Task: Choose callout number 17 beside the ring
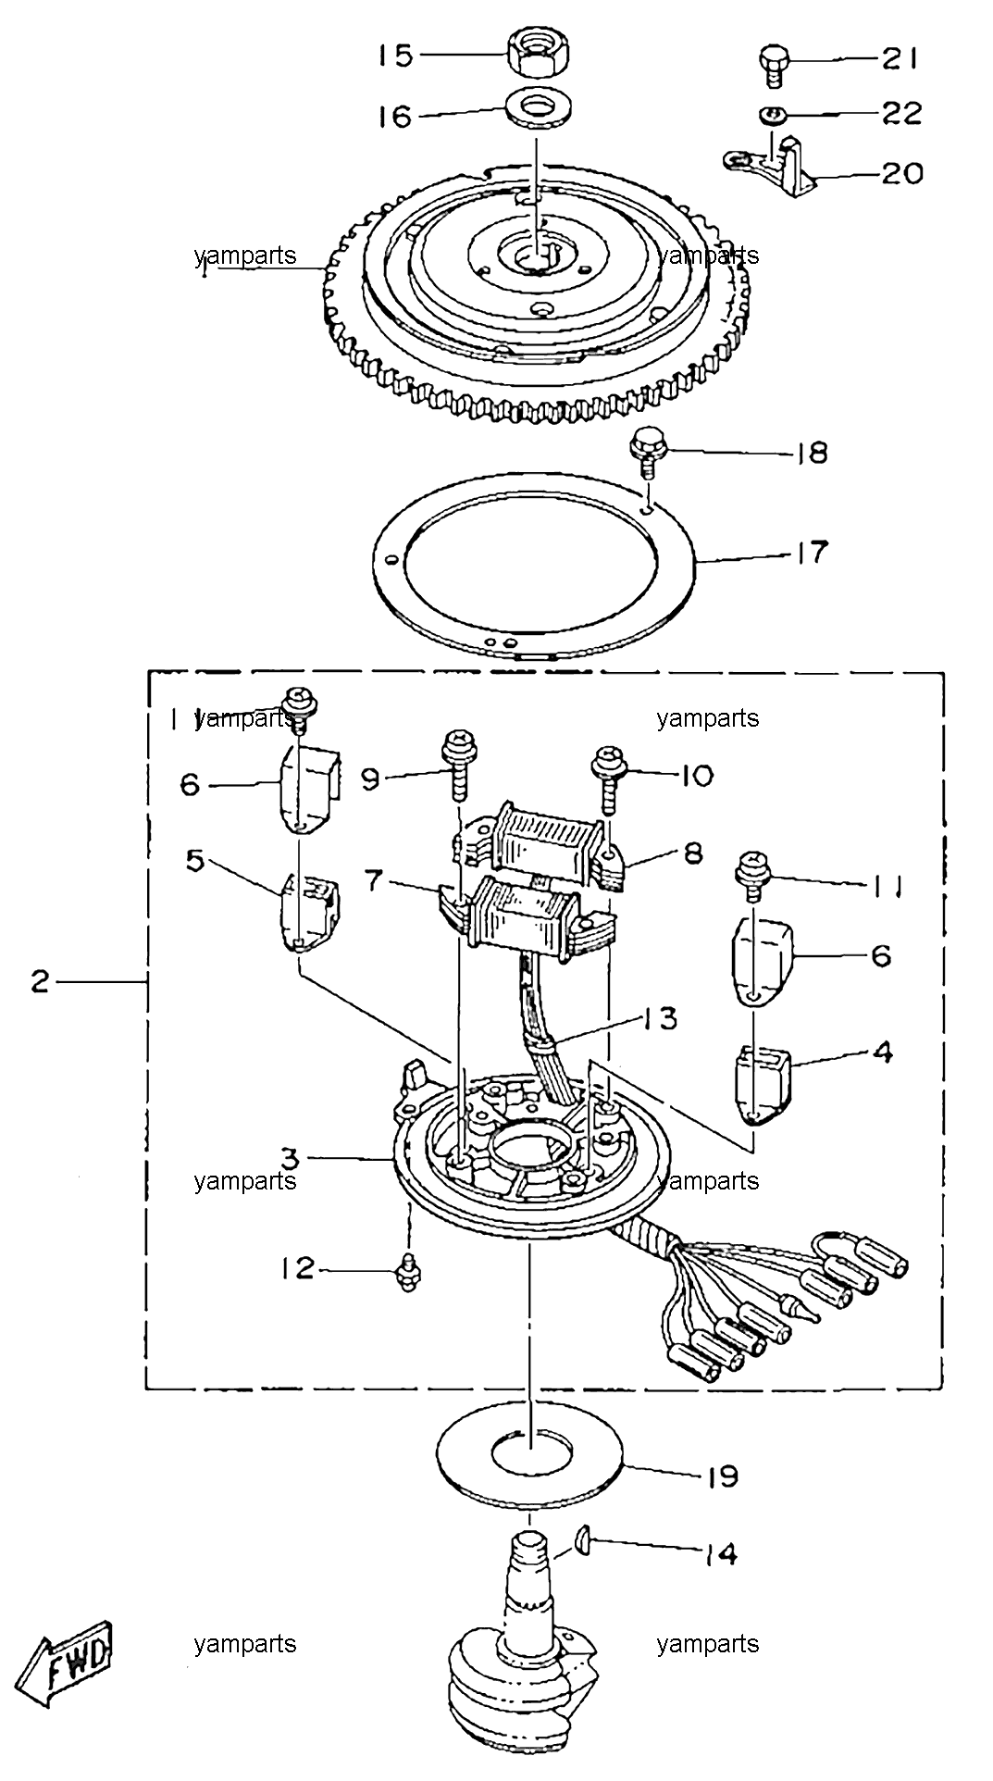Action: pos(808,553)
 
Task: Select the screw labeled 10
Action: pos(610,775)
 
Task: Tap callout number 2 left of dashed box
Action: pos(39,981)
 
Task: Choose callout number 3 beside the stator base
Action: pos(290,1158)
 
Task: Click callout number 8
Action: pos(694,852)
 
